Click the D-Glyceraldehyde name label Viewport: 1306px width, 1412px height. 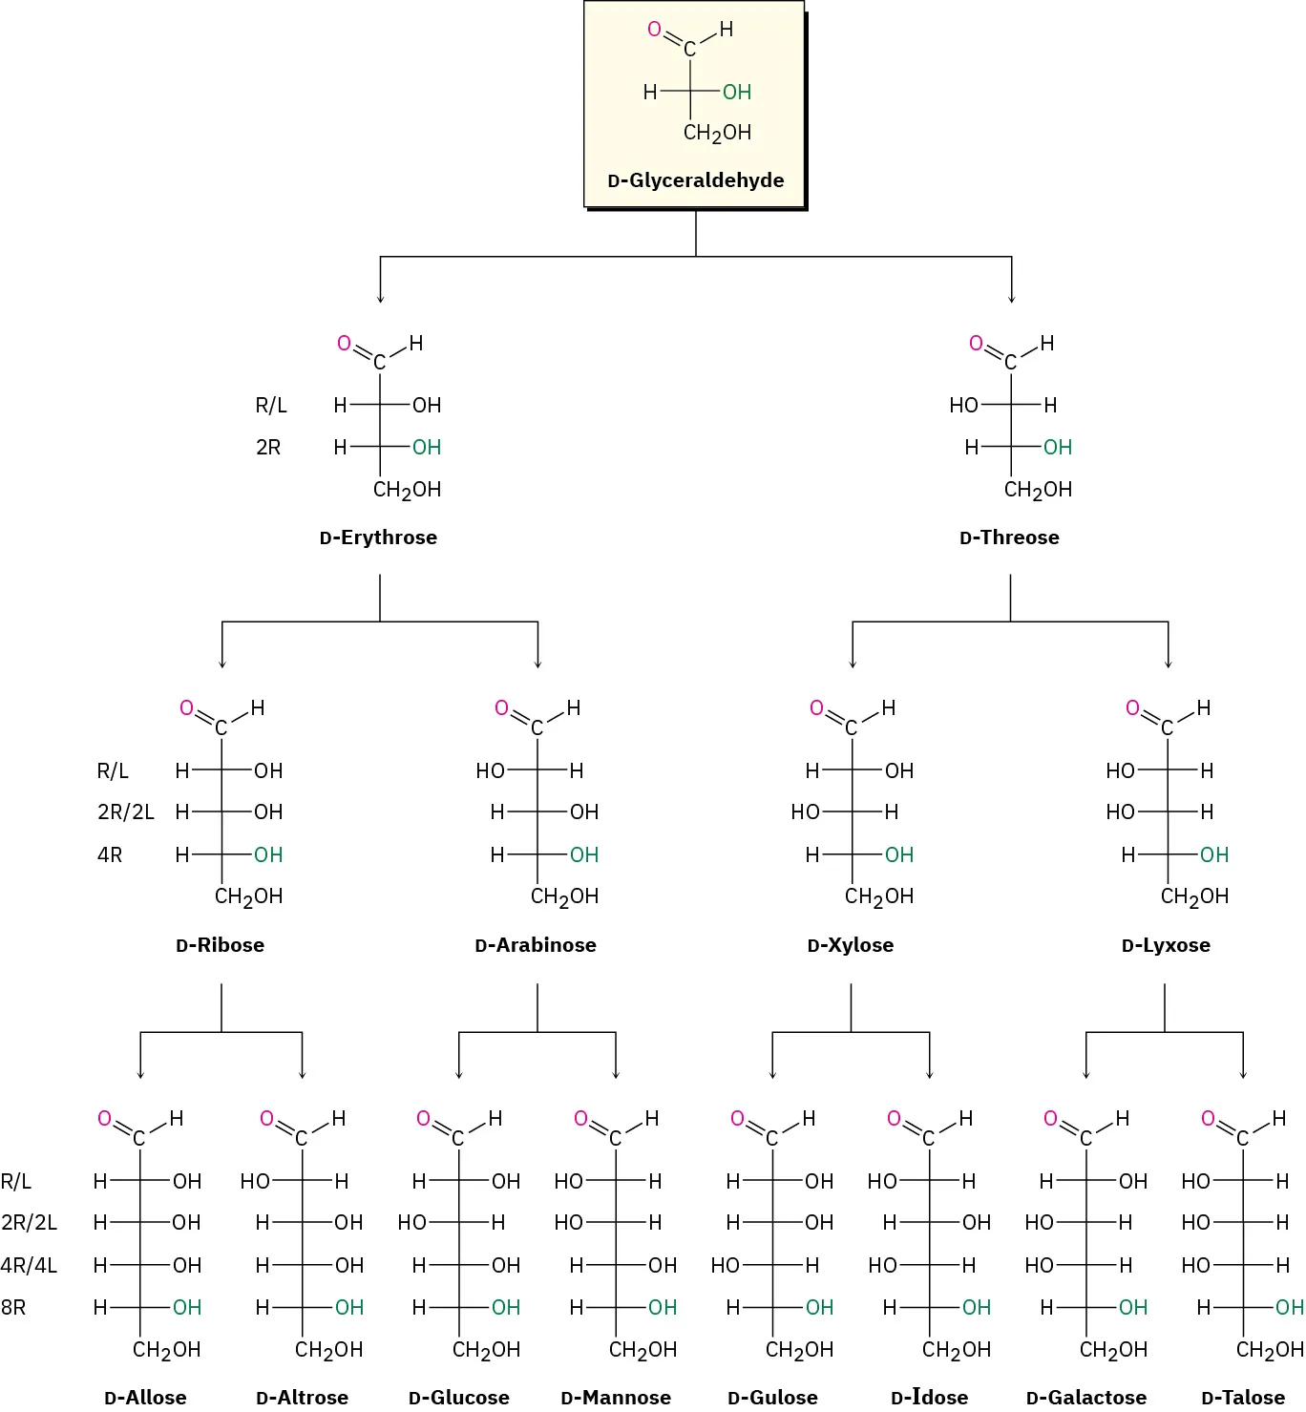click(x=695, y=180)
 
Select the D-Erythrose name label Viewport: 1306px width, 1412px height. click(x=378, y=537)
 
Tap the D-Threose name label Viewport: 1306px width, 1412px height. click(x=1009, y=537)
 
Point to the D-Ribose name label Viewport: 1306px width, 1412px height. click(x=220, y=945)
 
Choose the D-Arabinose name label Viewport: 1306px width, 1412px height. click(x=535, y=945)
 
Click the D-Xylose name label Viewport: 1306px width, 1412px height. click(x=850, y=945)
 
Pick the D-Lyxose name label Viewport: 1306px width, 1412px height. click(x=1165, y=945)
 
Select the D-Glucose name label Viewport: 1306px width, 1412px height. click(x=458, y=1398)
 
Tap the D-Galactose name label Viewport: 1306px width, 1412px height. click(x=1085, y=1398)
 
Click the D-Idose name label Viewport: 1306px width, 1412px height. click(x=929, y=1398)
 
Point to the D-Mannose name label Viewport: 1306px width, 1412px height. click(x=616, y=1398)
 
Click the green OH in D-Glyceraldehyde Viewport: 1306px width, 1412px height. click(x=736, y=93)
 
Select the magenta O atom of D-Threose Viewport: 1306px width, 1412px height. click(x=976, y=344)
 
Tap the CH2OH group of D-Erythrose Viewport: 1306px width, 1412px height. click(x=407, y=491)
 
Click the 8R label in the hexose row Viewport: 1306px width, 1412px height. click(x=13, y=1308)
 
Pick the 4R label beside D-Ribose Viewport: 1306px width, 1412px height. click(x=110, y=855)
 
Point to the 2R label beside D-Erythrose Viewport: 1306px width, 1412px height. click(x=268, y=448)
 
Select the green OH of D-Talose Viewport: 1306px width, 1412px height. click(x=1289, y=1308)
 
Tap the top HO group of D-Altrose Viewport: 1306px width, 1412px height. click(x=255, y=1182)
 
